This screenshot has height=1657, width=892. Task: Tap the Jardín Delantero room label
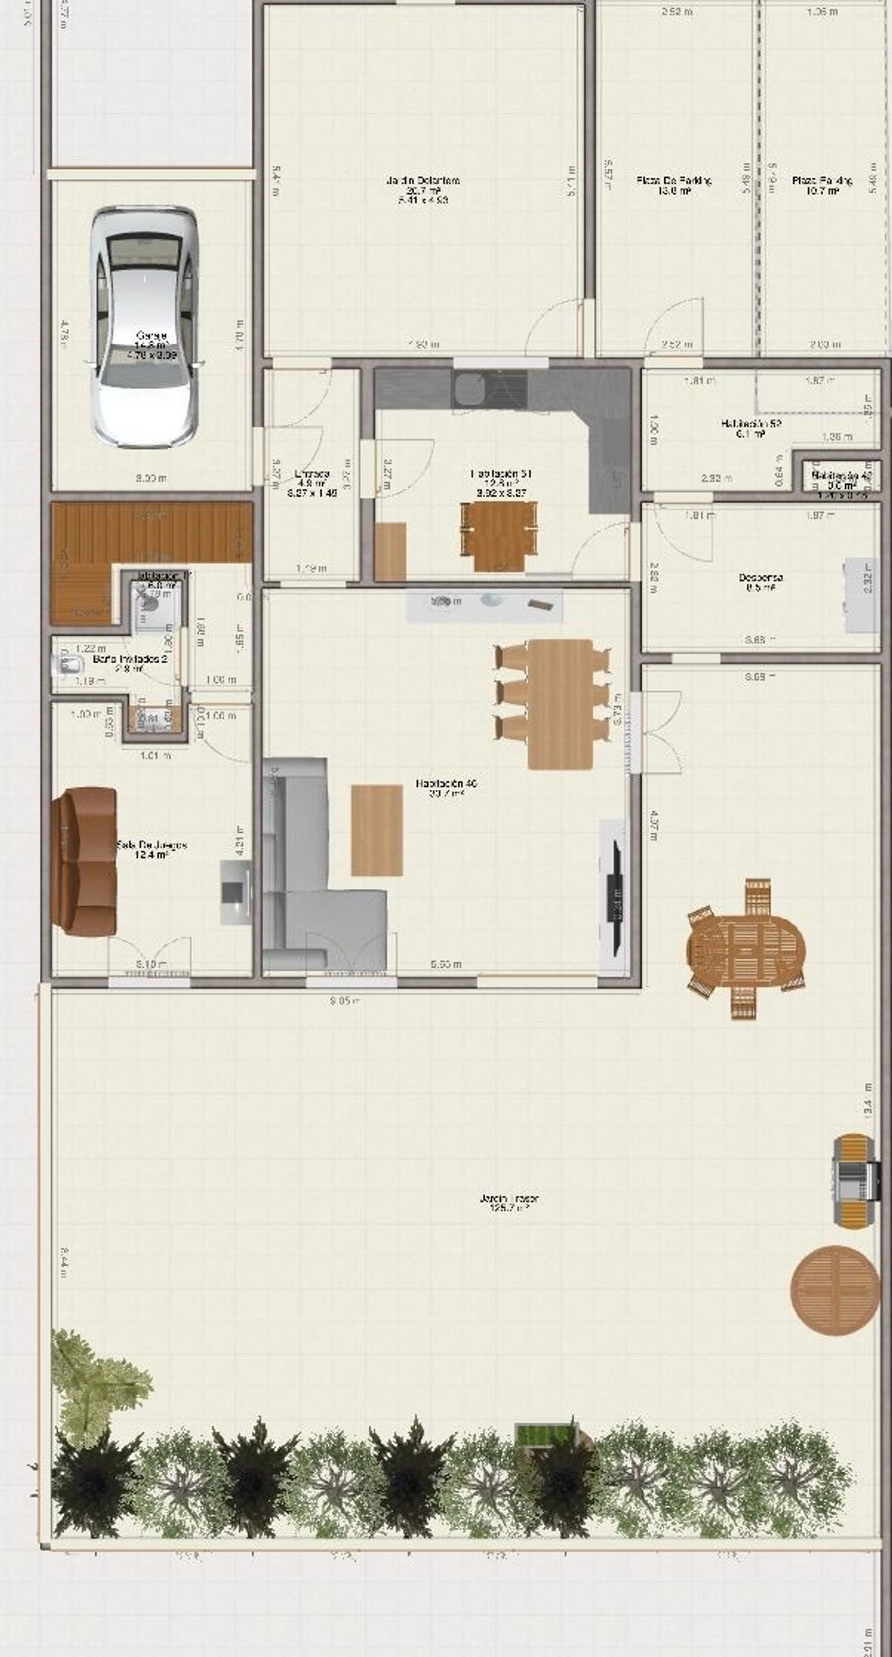click(x=423, y=190)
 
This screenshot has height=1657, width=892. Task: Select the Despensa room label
click(x=761, y=582)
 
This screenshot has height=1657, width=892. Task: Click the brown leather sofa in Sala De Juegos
click(x=85, y=861)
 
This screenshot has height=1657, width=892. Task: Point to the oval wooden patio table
click(x=746, y=948)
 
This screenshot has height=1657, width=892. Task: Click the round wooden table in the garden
click(x=835, y=1289)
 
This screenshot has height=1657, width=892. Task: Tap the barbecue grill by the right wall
click(x=855, y=1181)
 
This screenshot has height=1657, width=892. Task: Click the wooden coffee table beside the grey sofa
click(x=377, y=830)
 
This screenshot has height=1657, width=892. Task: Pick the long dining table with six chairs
click(x=560, y=704)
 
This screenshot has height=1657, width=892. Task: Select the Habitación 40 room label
click(x=447, y=788)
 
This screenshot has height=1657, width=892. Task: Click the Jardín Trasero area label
click(x=508, y=1203)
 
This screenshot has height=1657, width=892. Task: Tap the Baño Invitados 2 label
click(x=131, y=663)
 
